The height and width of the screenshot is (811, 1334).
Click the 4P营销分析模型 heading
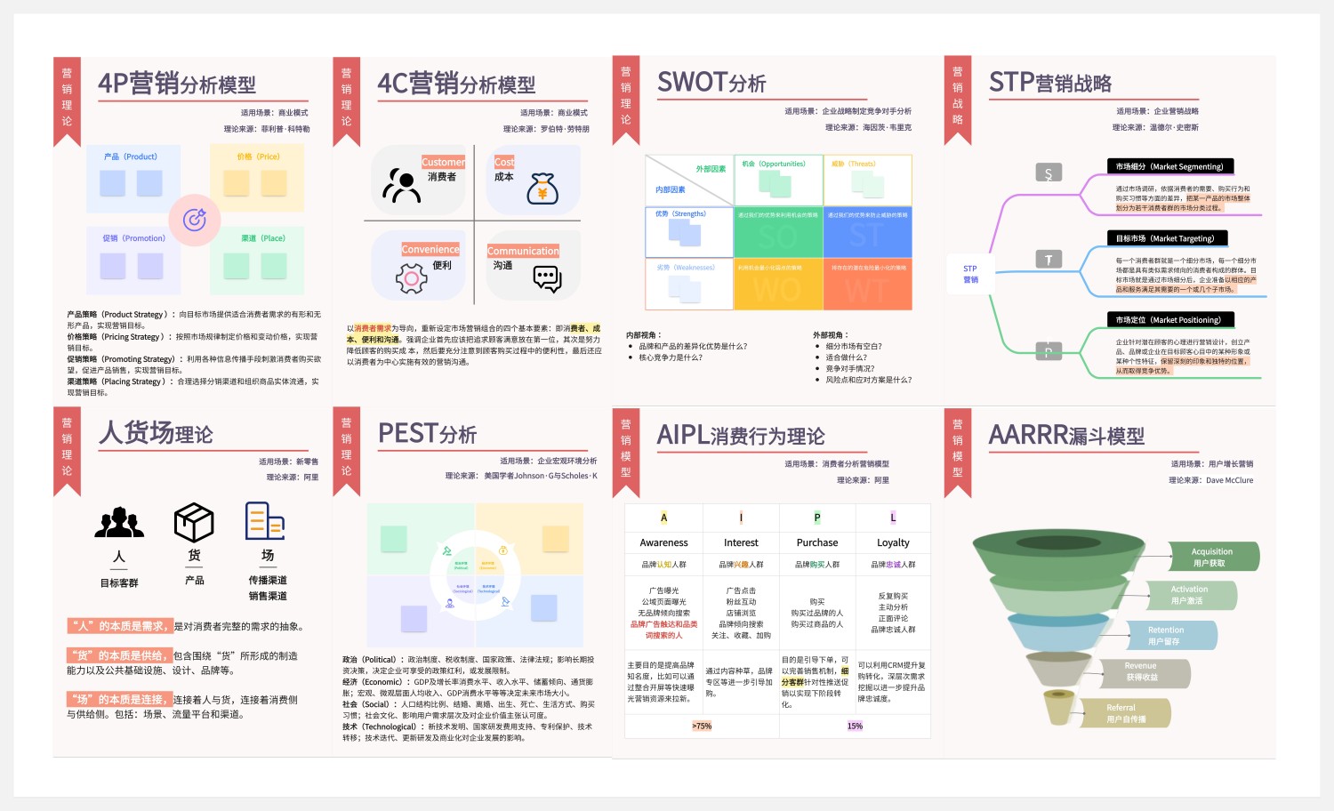coord(177,84)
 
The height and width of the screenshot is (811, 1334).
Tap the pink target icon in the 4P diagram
coord(195,219)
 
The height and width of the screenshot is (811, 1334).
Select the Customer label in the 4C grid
coord(443,162)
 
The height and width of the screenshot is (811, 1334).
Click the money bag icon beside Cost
coord(542,189)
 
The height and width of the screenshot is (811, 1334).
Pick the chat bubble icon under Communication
coord(547,278)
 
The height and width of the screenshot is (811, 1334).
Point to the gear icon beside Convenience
coord(411,279)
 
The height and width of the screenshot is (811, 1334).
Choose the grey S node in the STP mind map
coord(1049,173)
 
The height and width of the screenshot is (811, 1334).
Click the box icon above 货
coord(194,522)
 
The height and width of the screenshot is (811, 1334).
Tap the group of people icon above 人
coord(119,523)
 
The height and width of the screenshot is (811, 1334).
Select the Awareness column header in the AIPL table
coord(663,542)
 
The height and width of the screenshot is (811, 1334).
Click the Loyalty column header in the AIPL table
coord(893,542)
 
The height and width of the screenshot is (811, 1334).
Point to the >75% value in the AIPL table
coord(702,726)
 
